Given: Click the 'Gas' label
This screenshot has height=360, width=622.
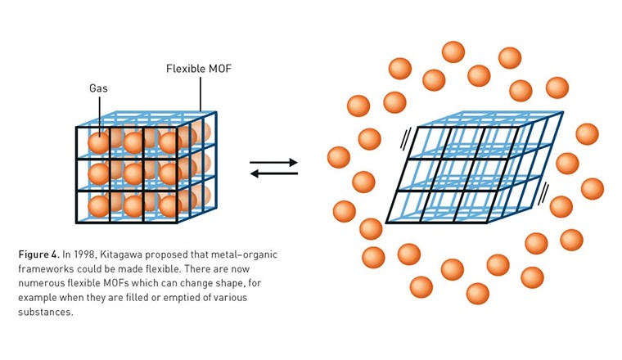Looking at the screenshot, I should click(x=98, y=87).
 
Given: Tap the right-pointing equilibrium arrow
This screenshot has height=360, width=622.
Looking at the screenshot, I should click(x=274, y=162).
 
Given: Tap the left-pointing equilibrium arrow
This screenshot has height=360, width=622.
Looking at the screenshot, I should click(x=274, y=173).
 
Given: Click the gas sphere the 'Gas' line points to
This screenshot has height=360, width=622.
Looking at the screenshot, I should click(x=98, y=142).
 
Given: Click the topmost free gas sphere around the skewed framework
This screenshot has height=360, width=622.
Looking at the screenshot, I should click(x=453, y=52).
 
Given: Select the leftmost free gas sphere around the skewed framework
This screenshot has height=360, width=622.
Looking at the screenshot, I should click(x=339, y=157).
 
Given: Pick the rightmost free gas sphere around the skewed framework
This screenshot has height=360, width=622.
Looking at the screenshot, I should click(x=592, y=189).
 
